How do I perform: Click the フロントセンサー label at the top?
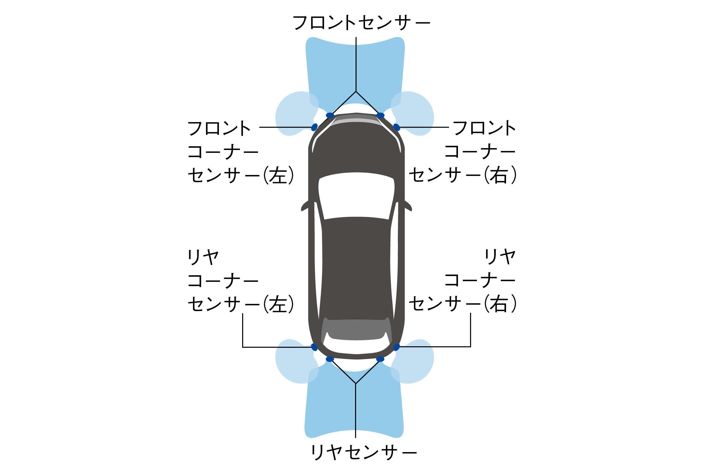tap(362, 23)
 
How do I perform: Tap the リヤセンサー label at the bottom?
tap(364, 452)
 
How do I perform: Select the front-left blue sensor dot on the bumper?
tap(330, 115)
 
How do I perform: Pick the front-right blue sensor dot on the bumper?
tap(380, 115)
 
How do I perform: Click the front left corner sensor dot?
tap(314, 127)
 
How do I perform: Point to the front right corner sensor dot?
tap(396, 127)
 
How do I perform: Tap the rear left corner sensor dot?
tap(314, 347)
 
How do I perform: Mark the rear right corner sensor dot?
tap(396, 347)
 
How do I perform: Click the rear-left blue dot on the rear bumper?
tap(330, 359)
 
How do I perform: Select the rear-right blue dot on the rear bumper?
tap(380, 359)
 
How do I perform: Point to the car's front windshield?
tap(356, 195)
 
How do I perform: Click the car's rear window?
tap(356, 329)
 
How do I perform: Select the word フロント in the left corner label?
tap(219, 128)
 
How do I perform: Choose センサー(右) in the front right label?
tap(463, 175)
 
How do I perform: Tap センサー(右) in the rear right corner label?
tap(463, 304)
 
